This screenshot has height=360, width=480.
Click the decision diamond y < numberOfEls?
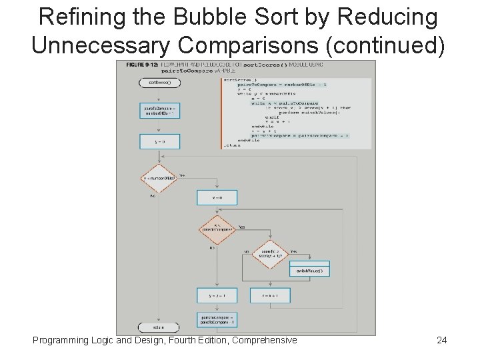[159, 178]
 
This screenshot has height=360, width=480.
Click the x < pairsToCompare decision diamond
[217, 229]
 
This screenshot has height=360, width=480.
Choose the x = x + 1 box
[269, 294]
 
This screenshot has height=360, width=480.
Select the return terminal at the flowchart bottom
[154, 327]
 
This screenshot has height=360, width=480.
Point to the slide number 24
[441, 340]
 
